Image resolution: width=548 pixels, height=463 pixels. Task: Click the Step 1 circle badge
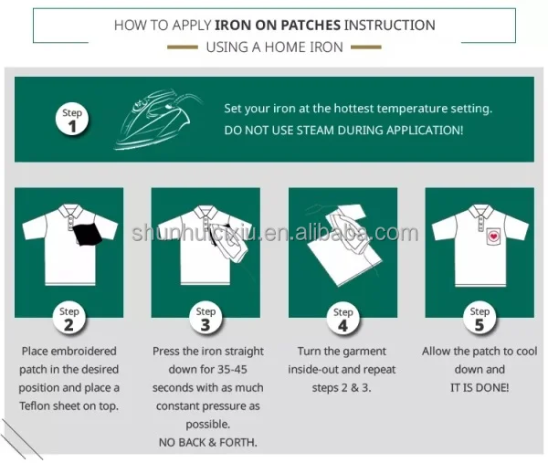tap(72, 119)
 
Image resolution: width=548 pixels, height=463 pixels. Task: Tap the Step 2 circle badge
tap(68, 317)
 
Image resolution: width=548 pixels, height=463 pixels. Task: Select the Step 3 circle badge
tap(205, 317)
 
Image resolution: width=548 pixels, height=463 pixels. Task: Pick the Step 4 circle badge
tap(342, 318)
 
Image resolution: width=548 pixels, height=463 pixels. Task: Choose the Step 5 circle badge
tap(479, 317)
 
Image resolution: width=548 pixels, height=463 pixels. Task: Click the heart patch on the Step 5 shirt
tap(493, 237)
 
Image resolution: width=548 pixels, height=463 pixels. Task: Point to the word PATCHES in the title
tap(311, 26)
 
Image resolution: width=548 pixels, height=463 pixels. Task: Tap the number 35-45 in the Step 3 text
tap(232, 369)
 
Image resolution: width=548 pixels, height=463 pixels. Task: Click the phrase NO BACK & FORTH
tap(208, 442)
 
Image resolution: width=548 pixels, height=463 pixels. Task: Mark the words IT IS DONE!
tap(479, 387)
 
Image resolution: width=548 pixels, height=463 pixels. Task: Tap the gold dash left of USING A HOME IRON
tap(183, 47)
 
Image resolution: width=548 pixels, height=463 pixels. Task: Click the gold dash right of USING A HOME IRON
tap(366, 47)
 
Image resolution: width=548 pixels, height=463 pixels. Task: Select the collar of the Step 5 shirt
tap(480, 211)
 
